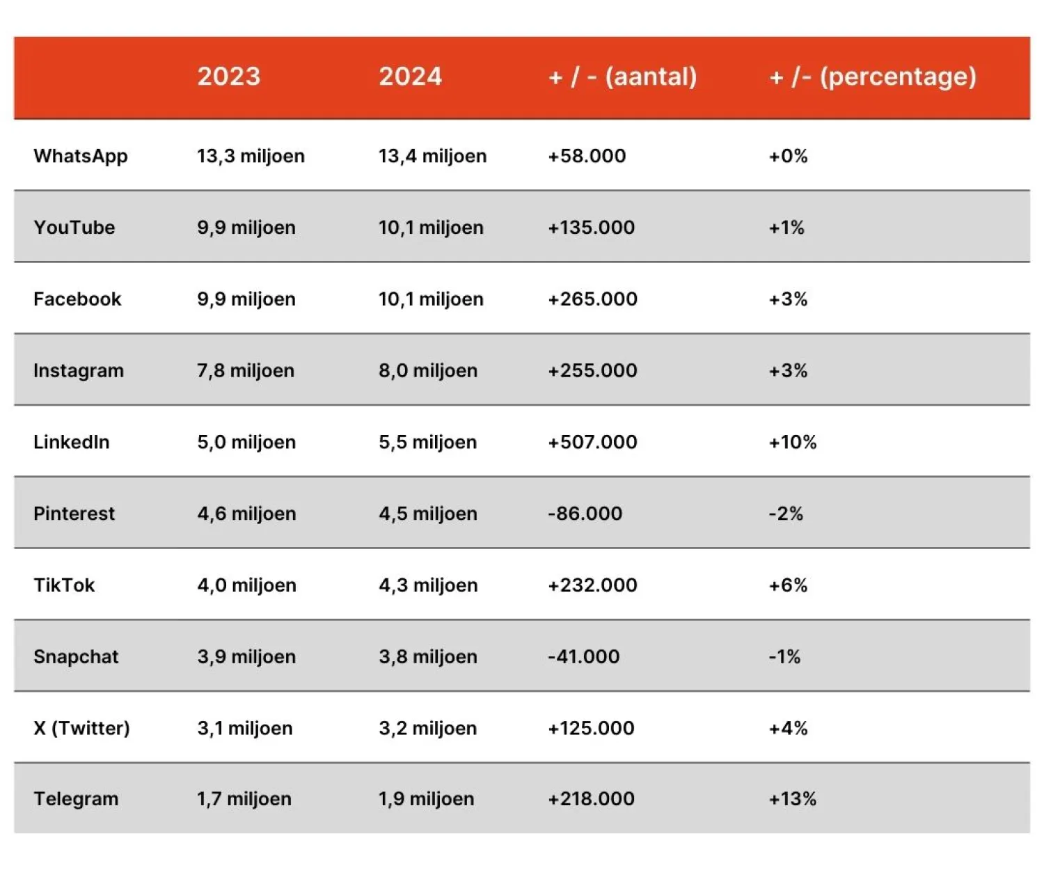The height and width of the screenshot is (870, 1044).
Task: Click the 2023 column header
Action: [228, 76]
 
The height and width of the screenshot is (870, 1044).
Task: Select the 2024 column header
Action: [410, 76]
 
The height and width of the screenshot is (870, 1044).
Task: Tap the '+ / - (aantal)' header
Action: [622, 76]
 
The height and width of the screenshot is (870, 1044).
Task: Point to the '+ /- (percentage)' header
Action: [873, 76]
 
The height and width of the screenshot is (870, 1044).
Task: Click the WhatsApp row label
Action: [81, 156]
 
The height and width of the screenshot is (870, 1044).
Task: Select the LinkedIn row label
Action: [72, 442]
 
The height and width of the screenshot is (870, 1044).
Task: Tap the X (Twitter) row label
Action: [81, 728]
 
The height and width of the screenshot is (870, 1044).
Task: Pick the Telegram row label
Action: [76, 799]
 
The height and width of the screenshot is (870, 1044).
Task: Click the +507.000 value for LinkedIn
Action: [592, 442]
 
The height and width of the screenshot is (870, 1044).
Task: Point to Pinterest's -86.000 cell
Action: [585, 514]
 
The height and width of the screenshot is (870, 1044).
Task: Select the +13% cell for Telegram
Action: [792, 799]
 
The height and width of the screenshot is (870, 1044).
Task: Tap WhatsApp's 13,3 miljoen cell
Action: [251, 156]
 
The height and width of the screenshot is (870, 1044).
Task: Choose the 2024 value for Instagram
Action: [428, 370]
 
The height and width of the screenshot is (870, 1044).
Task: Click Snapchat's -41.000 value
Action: [583, 656]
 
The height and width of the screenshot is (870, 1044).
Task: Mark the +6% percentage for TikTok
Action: [788, 585]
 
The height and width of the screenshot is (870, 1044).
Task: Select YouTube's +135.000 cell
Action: [591, 228]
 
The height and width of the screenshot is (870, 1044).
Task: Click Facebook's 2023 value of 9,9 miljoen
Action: [246, 299]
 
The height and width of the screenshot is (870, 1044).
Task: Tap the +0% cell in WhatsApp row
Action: [788, 156]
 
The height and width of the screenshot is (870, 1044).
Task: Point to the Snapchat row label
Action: [76, 656]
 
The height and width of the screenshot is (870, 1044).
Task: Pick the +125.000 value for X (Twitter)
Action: [591, 728]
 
